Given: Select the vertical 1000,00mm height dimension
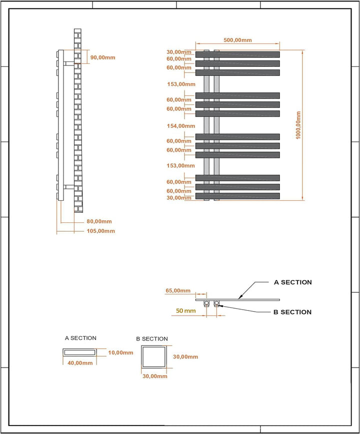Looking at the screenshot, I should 298,125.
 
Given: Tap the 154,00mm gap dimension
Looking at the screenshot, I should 180,126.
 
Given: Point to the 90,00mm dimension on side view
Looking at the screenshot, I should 102,57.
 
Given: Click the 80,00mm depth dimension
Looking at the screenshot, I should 99,221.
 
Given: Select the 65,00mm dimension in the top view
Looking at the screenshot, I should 178,291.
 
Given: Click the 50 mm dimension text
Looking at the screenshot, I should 186,311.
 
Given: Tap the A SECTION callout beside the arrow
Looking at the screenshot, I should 292,282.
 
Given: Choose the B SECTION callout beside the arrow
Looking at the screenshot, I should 292,312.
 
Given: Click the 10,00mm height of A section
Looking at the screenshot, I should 120,353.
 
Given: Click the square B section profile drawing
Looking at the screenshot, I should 154,358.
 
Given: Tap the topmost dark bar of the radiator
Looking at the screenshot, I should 237,54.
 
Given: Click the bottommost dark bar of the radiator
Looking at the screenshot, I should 237,196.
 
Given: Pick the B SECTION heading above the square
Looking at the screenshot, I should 152,339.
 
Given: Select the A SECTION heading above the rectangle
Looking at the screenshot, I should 80,338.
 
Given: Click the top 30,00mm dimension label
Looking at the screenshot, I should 179,52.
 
